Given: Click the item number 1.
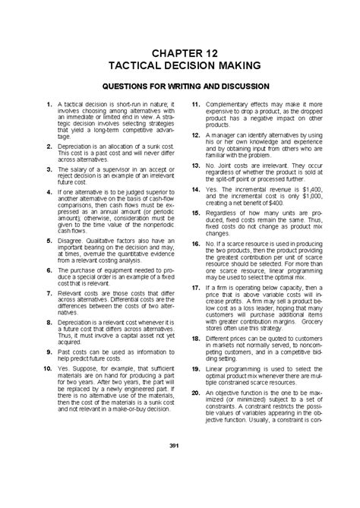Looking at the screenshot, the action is point(48,103).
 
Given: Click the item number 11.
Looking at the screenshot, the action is point(195,103).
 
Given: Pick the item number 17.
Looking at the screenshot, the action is point(195,288).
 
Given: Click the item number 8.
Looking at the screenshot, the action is point(48,322).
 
